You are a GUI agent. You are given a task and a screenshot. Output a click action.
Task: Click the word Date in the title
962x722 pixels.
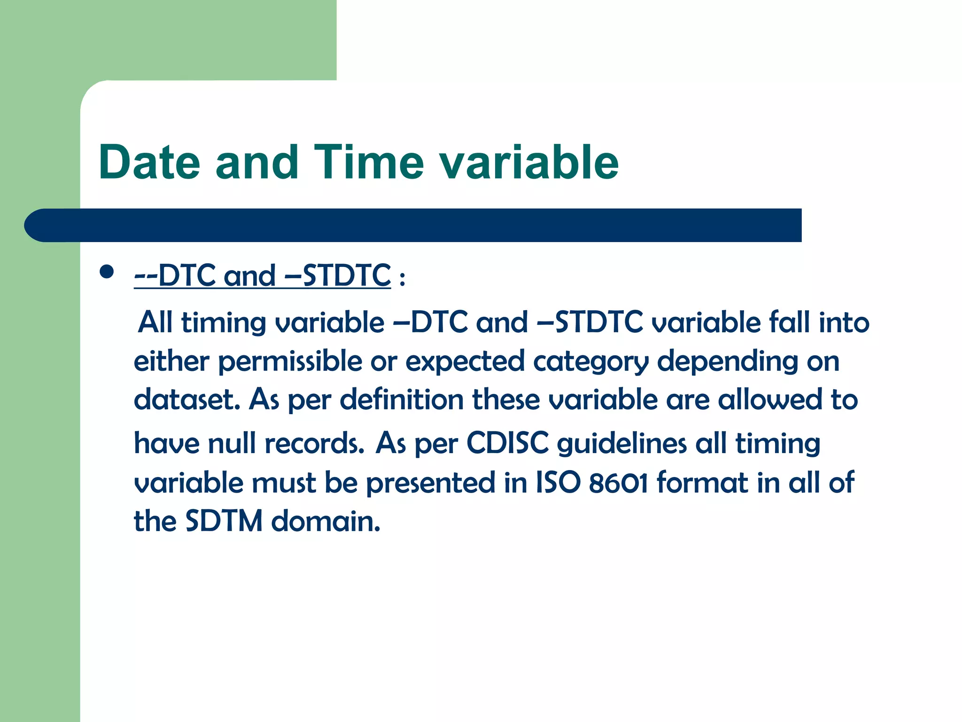[149, 163]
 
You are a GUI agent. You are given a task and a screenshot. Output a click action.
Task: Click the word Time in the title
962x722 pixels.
[369, 163]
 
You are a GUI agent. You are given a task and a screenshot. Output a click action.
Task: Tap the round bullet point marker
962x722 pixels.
[107, 272]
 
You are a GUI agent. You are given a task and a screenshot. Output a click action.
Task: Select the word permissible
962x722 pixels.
[290, 361]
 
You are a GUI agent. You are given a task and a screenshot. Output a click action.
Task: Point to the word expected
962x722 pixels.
[464, 361]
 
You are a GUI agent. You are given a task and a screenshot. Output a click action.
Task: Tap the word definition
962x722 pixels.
[402, 400]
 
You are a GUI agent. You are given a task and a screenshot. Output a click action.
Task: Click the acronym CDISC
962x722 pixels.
[507, 443]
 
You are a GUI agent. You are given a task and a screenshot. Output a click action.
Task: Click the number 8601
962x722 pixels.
[618, 483]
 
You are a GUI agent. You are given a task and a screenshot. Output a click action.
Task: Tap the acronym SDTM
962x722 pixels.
[224, 521]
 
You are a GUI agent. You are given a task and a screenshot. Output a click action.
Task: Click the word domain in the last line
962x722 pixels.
[325, 521]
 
